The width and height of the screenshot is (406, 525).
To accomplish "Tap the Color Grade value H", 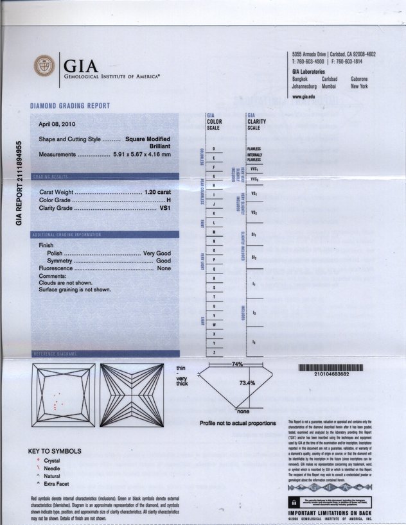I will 168,200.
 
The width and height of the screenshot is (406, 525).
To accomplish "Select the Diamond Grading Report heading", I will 69,105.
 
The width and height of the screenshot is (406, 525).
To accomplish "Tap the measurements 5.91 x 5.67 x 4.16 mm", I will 141,155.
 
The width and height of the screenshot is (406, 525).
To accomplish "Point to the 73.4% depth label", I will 247,383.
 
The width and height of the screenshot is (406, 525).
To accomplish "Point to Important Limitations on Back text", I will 329,513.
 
